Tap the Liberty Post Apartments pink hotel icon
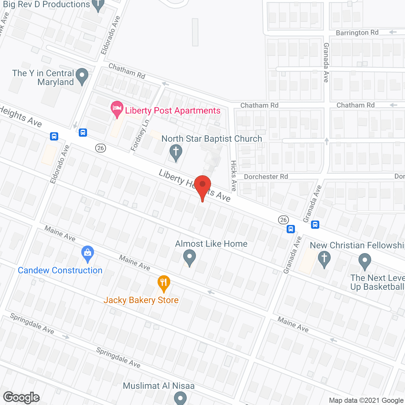point(117,109)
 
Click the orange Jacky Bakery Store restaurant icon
point(164,283)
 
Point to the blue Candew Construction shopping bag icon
point(88,253)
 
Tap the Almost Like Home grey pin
point(190,257)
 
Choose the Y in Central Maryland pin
point(82,76)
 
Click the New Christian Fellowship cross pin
point(324,259)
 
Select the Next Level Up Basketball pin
point(365,262)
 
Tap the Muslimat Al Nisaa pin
point(180,397)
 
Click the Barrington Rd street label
point(357,33)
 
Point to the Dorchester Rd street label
point(266,177)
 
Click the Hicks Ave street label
point(234,176)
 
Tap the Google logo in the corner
point(22,397)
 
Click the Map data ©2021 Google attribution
point(366,401)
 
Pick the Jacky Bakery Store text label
point(141,300)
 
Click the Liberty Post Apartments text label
point(173,110)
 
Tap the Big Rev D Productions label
point(47,4)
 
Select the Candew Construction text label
point(60,270)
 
